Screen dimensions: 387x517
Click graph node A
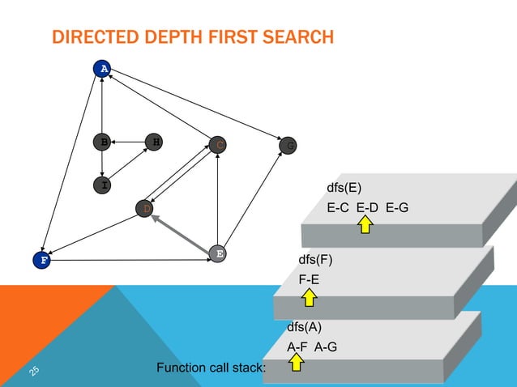point(103,68)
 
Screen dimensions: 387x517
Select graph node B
point(103,142)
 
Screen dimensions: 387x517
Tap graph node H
point(154,142)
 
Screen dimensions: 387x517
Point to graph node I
point(103,185)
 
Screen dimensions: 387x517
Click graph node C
point(218,145)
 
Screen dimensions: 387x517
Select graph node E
point(218,253)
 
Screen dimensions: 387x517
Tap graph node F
point(42,261)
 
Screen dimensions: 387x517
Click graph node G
point(288,146)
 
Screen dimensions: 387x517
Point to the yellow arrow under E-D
point(365,224)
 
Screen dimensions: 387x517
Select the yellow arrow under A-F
point(296,361)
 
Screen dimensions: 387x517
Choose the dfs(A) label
point(304,329)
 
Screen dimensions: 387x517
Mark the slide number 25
point(34,369)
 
